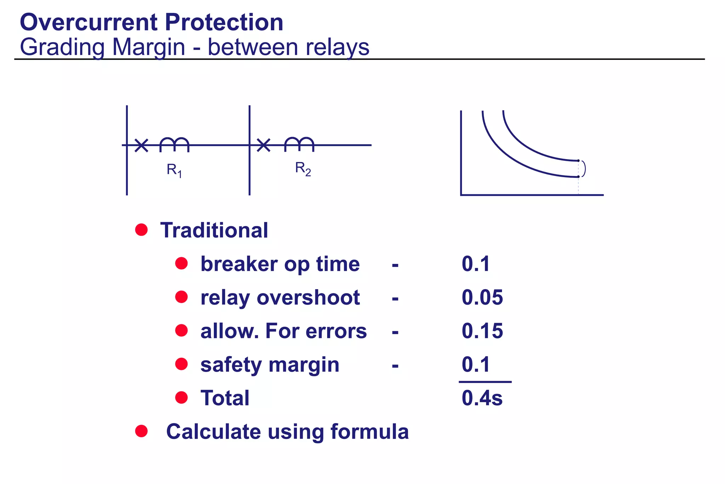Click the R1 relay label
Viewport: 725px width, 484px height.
click(x=174, y=170)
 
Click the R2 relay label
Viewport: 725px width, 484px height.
click(x=303, y=169)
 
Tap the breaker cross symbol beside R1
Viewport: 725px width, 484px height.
click(x=141, y=145)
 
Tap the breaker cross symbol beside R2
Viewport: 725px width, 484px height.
click(x=263, y=145)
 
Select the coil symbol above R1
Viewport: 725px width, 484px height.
click(x=174, y=144)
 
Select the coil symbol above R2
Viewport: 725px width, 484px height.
click(x=299, y=143)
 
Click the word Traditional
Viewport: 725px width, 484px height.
click(x=214, y=230)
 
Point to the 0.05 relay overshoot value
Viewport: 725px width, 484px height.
click(x=482, y=297)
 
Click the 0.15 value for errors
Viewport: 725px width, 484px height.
click(x=482, y=331)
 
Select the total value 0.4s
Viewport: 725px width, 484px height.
click(x=482, y=398)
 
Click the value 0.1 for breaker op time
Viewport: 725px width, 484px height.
click(x=476, y=264)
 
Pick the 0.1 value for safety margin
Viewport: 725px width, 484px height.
click(x=476, y=365)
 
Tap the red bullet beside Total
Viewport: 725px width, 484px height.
click(x=181, y=398)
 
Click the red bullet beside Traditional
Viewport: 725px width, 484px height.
click(x=141, y=230)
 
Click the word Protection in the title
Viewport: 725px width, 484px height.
click(x=224, y=22)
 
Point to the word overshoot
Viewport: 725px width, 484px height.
click(x=308, y=297)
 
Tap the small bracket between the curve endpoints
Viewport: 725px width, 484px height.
click(x=583, y=169)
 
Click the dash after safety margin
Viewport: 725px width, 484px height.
click(x=395, y=365)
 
